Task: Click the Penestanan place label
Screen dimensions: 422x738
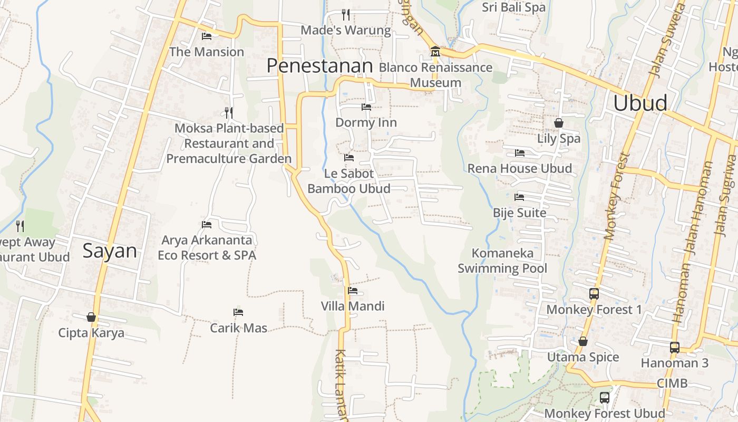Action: pos(319,66)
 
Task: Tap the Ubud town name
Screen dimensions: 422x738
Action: pos(640,103)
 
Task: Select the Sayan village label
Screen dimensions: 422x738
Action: pos(110,251)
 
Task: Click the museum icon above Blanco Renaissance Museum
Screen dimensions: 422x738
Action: pos(435,52)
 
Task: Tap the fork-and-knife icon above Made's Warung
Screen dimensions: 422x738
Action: pos(346,14)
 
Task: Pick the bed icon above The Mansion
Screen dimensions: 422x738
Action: pos(207,36)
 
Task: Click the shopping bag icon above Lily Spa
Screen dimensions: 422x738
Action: pos(559,123)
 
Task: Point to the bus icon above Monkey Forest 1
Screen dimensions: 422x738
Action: pos(594,294)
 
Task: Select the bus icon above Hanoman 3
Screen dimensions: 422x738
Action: pos(675,347)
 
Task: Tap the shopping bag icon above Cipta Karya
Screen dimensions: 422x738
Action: pos(91,317)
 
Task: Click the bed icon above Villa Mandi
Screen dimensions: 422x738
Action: pos(353,290)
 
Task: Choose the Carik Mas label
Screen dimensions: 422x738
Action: pos(239,328)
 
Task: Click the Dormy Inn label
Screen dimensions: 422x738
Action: pos(366,123)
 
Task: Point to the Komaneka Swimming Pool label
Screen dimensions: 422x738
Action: pos(502,261)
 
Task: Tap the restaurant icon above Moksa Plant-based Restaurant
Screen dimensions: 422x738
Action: pos(229,112)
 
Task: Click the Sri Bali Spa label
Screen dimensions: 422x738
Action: pos(514,7)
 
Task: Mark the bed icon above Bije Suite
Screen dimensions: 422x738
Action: pos(519,197)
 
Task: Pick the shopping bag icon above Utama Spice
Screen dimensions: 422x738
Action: pos(583,341)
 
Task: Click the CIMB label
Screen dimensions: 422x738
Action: pos(672,383)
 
